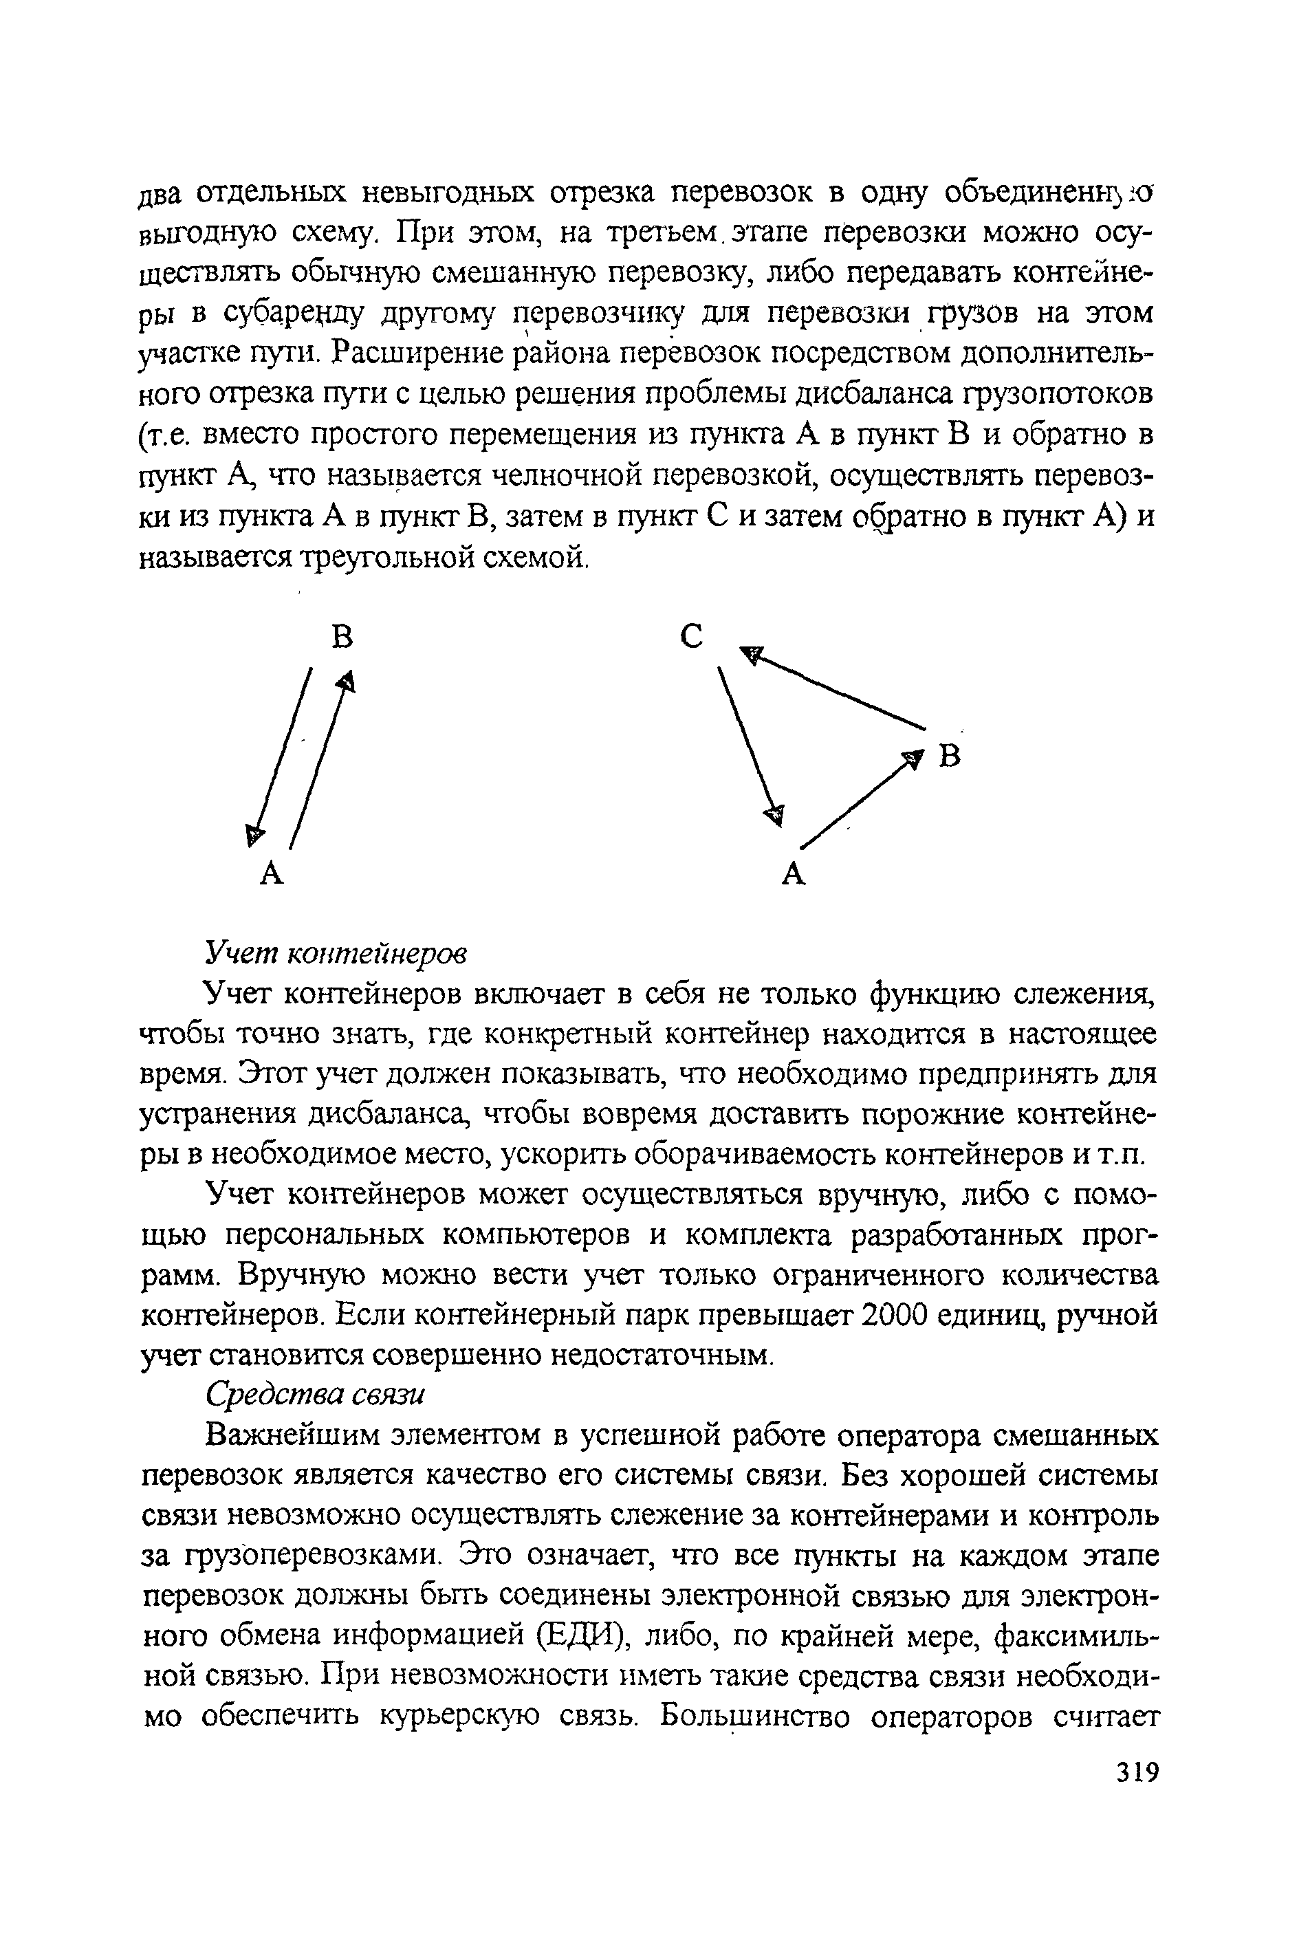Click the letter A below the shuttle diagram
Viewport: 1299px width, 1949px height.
pos(272,873)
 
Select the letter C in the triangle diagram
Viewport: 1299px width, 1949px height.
pos(692,637)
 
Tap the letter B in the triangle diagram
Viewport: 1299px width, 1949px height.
pos(950,756)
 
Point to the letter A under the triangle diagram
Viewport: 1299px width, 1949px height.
pos(794,873)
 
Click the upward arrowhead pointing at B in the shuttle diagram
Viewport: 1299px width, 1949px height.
pos(347,681)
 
